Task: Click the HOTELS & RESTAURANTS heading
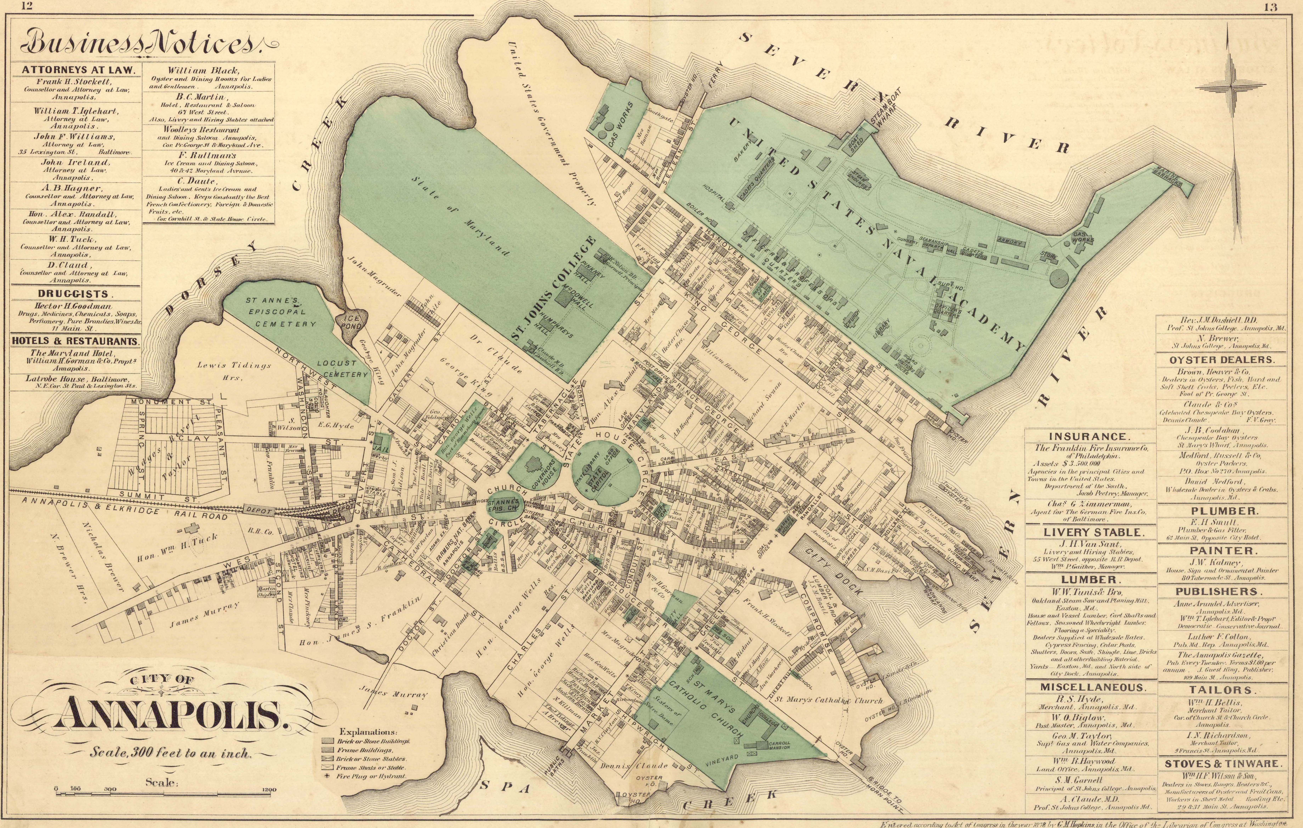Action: [x=75, y=342]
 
